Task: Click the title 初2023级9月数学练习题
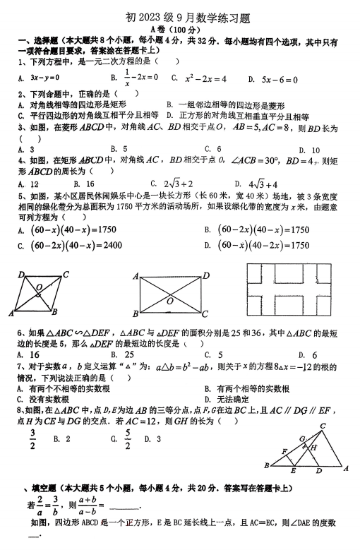[181, 16]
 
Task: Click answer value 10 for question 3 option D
[315, 150]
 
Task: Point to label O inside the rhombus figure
[40, 287]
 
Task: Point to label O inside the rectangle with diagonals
[170, 301]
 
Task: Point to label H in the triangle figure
[313, 446]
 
